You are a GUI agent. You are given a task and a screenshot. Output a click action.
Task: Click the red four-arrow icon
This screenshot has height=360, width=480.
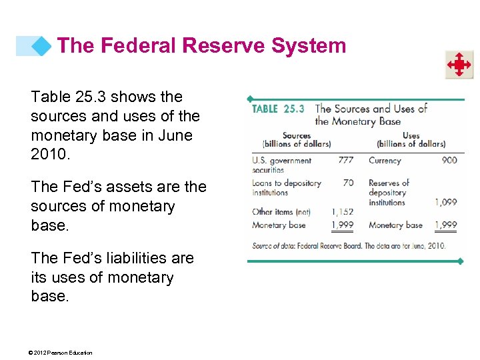pos(459,65)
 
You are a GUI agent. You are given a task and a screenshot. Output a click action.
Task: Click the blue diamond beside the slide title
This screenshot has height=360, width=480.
pos(42,46)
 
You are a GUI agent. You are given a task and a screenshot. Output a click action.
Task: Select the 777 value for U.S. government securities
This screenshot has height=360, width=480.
pos(345,160)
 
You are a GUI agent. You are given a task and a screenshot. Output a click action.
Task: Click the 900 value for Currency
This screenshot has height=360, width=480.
pos(449,160)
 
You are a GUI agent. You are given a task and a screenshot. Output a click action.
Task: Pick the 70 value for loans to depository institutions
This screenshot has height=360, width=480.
pos(348,183)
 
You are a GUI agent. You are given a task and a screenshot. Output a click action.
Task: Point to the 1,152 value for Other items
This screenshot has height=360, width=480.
pos(343,212)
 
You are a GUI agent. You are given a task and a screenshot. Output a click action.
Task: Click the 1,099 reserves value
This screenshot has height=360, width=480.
pos(446,202)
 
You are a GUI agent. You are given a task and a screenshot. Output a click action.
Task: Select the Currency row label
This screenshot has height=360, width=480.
pos(385,160)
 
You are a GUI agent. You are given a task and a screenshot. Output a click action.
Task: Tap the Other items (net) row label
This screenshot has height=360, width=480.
pos(281,212)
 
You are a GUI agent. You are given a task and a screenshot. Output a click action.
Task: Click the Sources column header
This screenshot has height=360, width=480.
pos(297,135)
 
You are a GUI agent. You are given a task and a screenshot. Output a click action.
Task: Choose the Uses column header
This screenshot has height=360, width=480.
pos(411,135)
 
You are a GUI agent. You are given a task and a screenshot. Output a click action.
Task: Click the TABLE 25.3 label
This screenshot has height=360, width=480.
pos(278,109)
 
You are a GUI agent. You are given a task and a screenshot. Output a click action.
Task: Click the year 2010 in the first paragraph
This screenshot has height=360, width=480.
pos(45,155)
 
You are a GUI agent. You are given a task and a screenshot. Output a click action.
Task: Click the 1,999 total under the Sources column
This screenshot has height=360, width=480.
pos(343,225)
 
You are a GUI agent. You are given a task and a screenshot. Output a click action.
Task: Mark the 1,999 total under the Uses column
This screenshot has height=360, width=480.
pos(446,225)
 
